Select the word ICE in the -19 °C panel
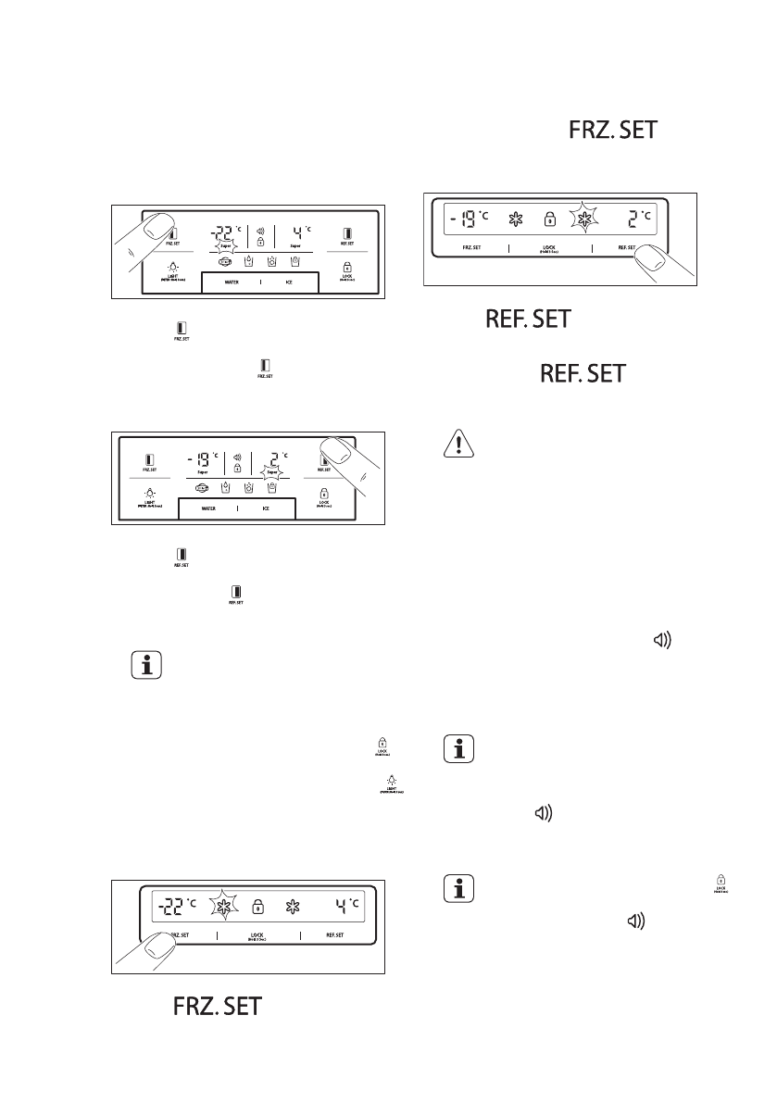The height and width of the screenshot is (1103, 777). pyautogui.click(x=268, y=508)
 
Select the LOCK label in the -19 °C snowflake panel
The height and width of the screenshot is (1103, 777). pyautogui.click(x=550, y=249)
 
